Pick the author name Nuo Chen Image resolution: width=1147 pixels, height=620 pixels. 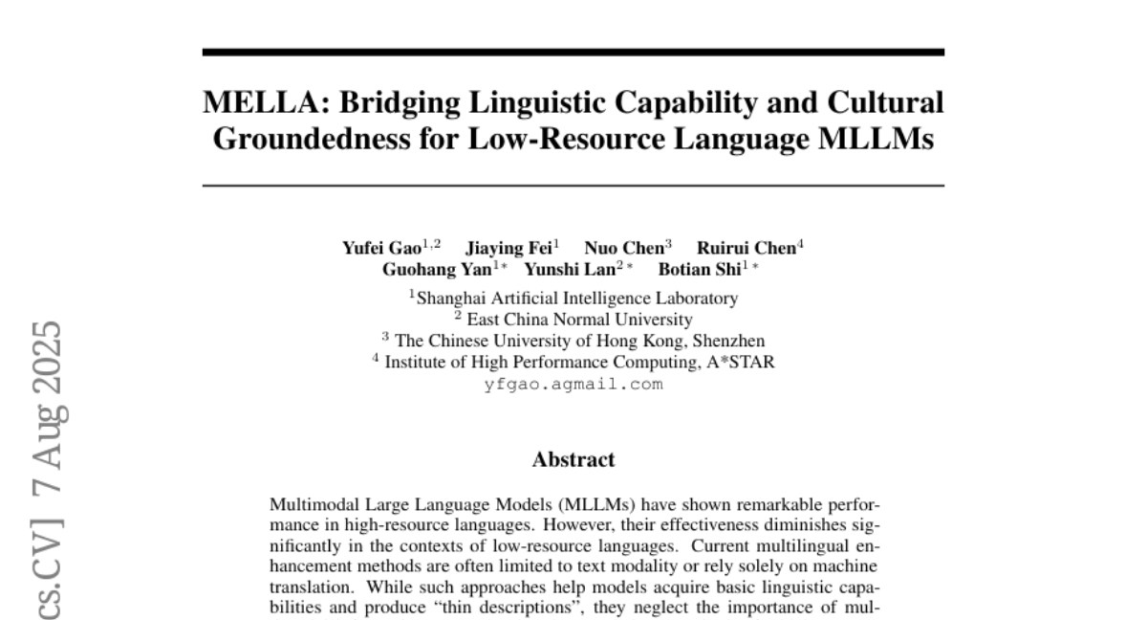click(624, 248)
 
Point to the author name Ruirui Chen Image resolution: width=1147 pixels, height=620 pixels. click(746, 248)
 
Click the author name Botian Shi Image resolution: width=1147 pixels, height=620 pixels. click(699, 269)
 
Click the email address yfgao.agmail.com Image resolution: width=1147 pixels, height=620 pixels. click(573, 385)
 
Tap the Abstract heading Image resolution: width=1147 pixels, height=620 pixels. click(573, 459)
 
